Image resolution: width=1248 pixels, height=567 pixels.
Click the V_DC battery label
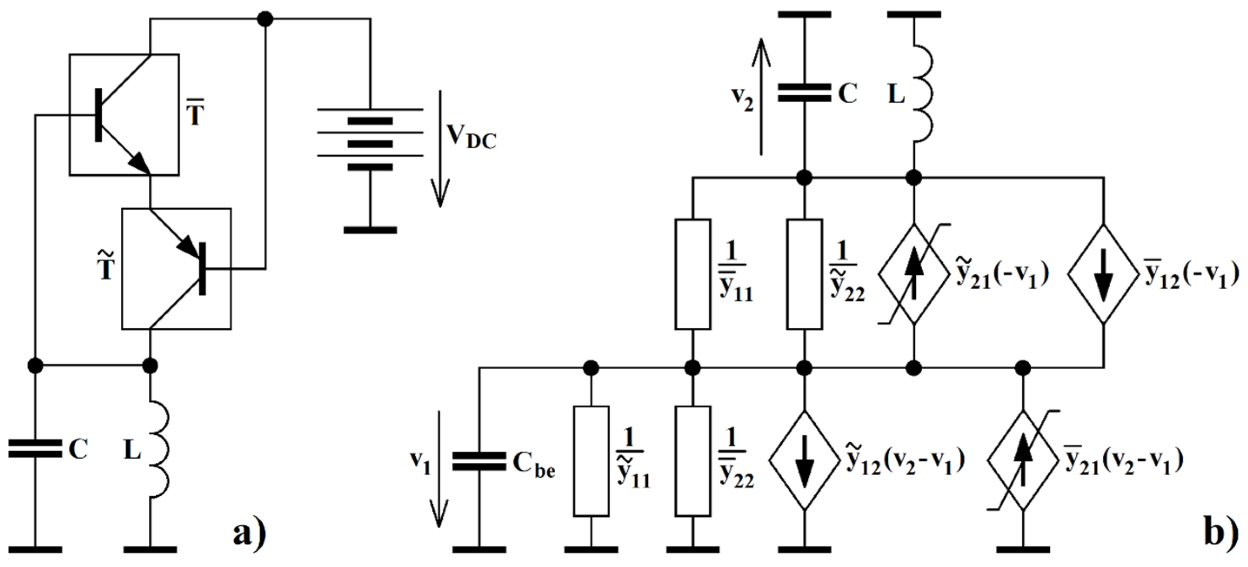(x=471, y=137)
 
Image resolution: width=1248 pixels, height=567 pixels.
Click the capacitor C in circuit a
(x=35, y=448)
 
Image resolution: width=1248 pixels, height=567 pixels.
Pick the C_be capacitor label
(x=534, y=464)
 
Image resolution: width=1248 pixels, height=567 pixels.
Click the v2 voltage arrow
(x=761, y=97)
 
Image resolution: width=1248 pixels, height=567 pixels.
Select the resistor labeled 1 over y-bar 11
(x=693, y=274)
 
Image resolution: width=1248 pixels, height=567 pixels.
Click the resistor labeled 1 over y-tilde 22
(x=804, y=274)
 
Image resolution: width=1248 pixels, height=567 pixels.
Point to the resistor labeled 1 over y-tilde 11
(x=591, y=461)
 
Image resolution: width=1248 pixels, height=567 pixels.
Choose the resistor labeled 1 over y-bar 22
(x=693, y=461)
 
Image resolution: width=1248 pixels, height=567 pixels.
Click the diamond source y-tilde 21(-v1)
(x=914, y=274)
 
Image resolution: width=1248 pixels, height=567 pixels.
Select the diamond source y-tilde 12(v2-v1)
(x=804, y=461)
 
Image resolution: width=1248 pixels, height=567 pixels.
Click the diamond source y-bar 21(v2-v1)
(x=1023, y=461)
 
